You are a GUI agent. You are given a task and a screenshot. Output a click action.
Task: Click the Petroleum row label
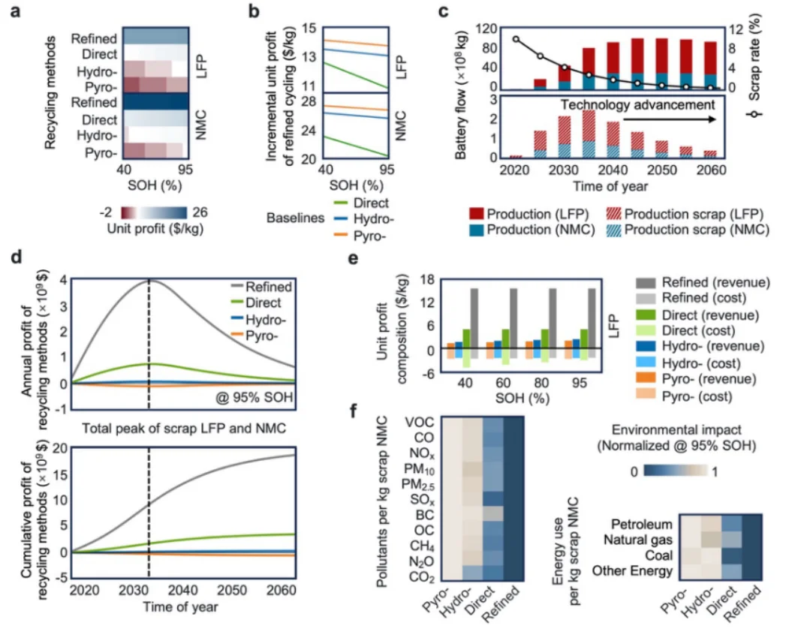tap(640, 522)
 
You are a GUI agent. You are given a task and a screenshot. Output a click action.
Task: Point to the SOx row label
tap(418, 499)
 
